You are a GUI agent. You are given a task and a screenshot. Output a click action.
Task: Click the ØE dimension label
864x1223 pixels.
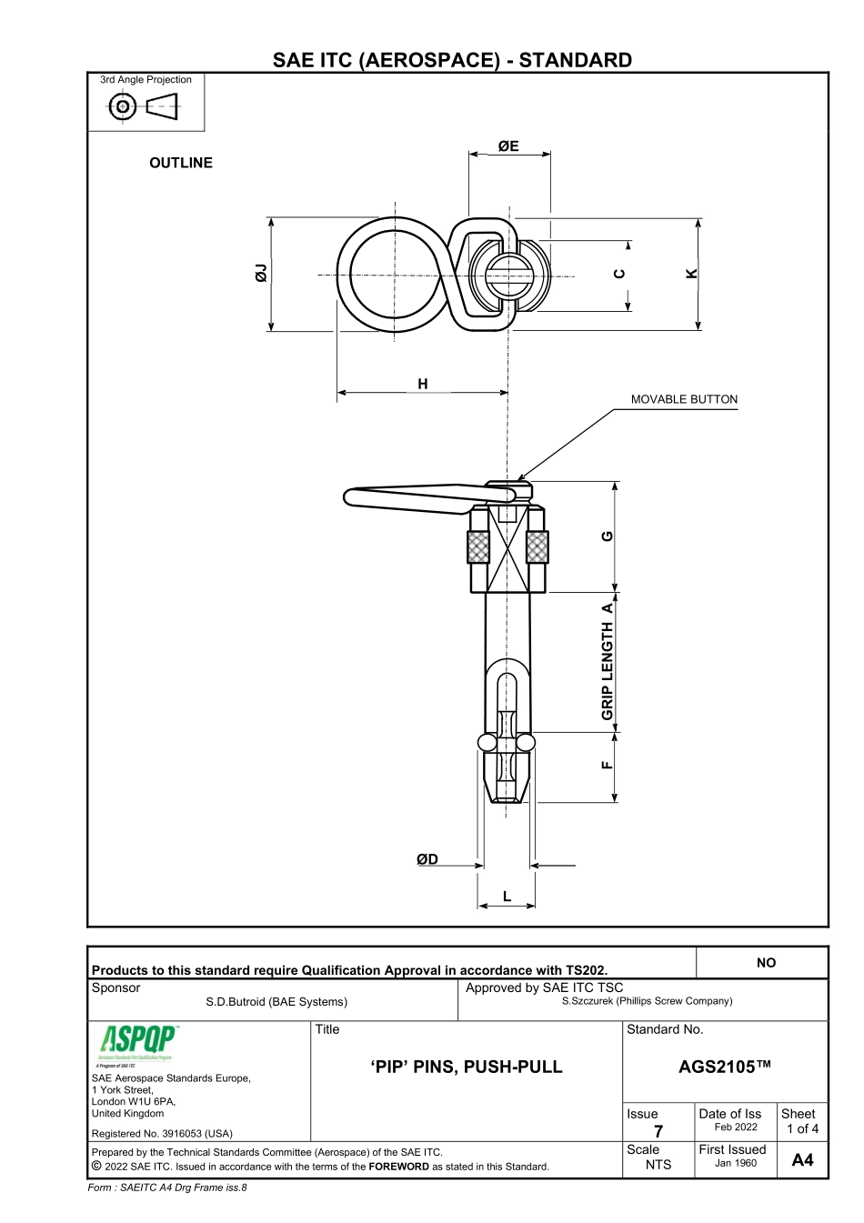(x=508, y=145)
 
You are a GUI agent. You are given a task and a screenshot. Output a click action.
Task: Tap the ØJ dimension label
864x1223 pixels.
(x=262, y=273)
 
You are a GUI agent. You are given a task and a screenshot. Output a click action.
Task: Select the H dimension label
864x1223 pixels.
(x=423, y=384)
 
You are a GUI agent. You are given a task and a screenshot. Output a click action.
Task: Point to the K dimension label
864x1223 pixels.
(x=691, y=273)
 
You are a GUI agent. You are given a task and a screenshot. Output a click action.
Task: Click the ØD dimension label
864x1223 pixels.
(x=427, y=859)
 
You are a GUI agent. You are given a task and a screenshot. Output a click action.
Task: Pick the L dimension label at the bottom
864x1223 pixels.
(x=507, y=897)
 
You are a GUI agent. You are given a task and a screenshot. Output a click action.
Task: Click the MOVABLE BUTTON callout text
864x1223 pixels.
(x=684, y=399)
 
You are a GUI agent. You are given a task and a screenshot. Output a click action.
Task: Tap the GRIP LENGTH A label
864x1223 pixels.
(x=608, y=661)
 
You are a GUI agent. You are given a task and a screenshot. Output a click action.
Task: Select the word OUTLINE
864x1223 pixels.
(x=181, y=163)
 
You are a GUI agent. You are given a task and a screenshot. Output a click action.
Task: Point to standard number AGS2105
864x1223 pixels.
(x=724, y=1067)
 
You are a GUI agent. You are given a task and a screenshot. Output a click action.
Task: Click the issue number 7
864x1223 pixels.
(x=658, y=1131)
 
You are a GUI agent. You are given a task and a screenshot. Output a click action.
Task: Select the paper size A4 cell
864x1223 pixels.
(x=802, y=1159)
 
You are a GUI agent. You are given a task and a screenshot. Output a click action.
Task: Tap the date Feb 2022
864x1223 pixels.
(x=735, y=1128)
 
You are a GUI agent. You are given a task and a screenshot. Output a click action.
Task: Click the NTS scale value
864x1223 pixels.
(x=658, y=1164)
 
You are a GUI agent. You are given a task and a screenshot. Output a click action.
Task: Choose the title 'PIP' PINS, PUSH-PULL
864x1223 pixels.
(x=467, y=1067)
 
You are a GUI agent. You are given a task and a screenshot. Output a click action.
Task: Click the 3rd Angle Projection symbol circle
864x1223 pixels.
(x=122, y=107)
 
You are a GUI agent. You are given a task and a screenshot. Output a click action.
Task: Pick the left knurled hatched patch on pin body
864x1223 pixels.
(x=478, y=547)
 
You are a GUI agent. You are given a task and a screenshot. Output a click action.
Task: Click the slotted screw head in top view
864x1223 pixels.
(x=506, y=276)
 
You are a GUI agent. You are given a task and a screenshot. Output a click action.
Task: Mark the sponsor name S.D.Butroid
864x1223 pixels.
(x=276, y=1002)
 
